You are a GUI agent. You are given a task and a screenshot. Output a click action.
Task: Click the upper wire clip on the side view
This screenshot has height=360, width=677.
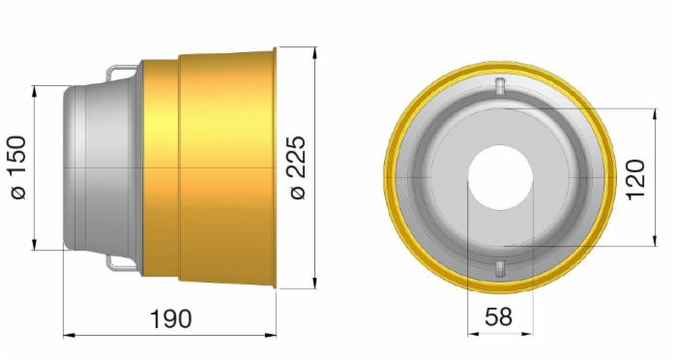point(123,72)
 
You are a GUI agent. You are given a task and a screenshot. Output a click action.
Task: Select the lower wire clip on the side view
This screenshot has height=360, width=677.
point(123,262)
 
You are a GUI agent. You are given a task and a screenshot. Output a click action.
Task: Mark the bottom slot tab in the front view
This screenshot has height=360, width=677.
point(499,268)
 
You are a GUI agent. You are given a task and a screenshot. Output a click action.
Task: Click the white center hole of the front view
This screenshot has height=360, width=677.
point(499,178)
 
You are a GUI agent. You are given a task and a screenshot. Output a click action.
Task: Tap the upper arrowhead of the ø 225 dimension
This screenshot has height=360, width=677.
point(315,49)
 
